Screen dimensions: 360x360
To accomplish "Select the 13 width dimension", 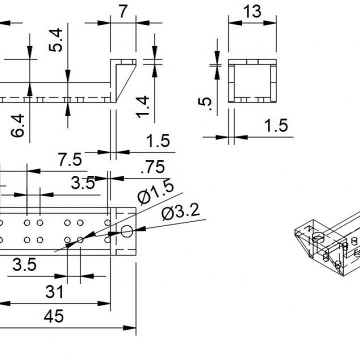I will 252,10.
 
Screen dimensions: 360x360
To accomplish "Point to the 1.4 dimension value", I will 142,106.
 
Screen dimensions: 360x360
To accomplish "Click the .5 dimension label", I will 205,103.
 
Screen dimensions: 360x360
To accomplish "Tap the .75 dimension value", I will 152,167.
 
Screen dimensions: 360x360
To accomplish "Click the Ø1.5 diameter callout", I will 156,193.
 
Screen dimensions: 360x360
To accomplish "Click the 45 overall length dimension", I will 53,316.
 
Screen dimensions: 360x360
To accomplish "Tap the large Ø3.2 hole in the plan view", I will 126,231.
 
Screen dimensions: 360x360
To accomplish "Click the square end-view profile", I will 252,80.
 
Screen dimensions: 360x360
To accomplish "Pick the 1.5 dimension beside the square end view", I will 276,125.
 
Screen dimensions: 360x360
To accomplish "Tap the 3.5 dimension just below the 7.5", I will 82,183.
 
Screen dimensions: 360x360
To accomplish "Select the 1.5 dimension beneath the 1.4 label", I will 158,141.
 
